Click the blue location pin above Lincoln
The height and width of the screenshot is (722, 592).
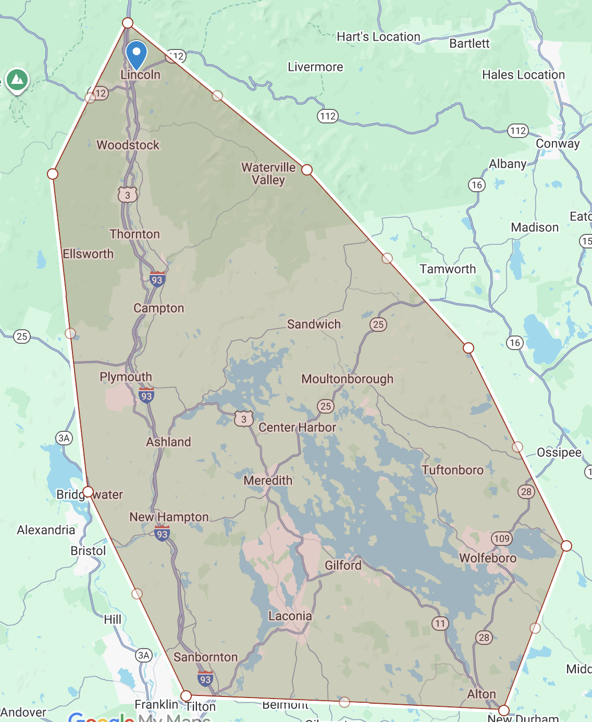(136, 54)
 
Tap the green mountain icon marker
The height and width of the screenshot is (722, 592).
(17, 80)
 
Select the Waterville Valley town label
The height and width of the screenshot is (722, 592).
(268, 173)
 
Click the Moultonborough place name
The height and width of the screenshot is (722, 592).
(347, 379)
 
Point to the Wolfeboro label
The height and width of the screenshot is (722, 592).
(488, 558)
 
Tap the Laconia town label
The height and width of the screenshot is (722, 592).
(290, 616)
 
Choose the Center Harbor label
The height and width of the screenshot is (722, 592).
(297, 427)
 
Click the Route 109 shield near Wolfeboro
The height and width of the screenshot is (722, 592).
(502, 539)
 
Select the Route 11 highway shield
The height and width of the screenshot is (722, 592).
(440, 623)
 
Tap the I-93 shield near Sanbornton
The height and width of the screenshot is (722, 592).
(205, 679)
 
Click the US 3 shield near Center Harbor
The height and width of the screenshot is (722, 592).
(243, 418)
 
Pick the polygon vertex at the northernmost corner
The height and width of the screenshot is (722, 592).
(128, 22)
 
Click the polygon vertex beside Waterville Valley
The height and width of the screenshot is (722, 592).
(307, 170)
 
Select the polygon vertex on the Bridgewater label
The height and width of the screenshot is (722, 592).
(88, 492)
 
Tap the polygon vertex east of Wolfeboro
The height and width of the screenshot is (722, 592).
(566, 545)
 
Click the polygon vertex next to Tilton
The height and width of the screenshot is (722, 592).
(186, 696)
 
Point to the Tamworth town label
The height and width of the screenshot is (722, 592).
(448, 269)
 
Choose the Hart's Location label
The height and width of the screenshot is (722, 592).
(378, 36)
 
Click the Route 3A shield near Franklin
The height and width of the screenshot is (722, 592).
(144, 655)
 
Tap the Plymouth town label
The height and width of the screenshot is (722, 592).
(126, 377)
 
